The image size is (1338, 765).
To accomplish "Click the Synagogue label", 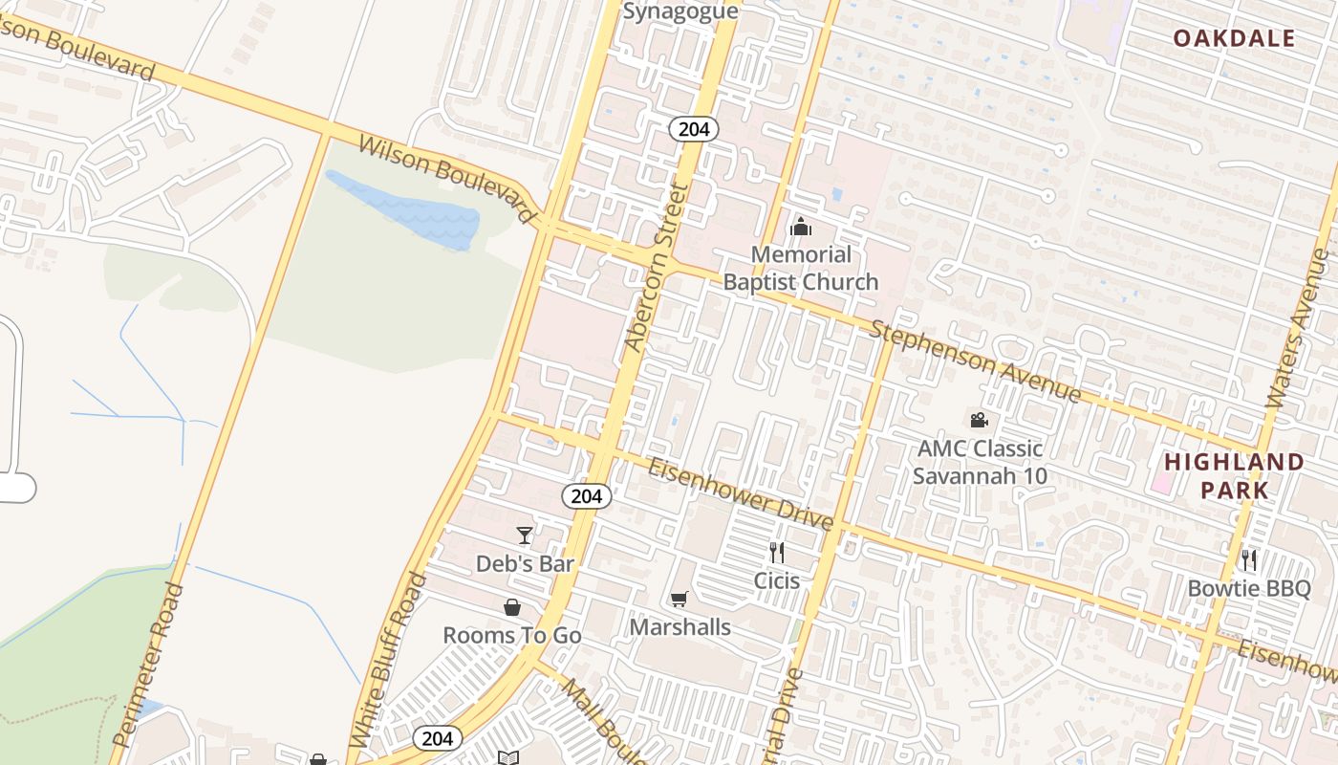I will click(680, 11).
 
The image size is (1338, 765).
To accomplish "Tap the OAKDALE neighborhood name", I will click(1234, 38).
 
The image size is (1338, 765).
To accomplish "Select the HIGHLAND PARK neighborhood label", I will click(1234, 475).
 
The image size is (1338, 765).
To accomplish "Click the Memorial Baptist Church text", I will click(800, 268).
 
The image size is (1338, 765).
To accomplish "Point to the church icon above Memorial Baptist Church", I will click(801, 227).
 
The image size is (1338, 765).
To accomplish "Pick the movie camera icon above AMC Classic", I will click(979, 420).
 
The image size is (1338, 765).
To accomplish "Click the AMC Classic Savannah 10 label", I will click(980, 462).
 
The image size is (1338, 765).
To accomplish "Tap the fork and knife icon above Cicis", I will click(777, 552).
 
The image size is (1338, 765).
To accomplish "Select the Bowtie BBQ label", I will click(1249, 588).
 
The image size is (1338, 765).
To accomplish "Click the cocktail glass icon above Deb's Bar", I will click(525, 535).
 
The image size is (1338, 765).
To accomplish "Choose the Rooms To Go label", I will click(512, 635).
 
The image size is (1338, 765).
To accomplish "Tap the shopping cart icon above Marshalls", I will click(679, 600).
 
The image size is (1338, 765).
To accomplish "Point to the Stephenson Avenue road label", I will click(976, 361).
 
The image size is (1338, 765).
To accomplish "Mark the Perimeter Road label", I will click(148, 664).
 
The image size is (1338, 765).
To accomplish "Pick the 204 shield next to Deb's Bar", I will click(586, 495).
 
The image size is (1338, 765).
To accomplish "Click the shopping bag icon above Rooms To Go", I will click(512, 607).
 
